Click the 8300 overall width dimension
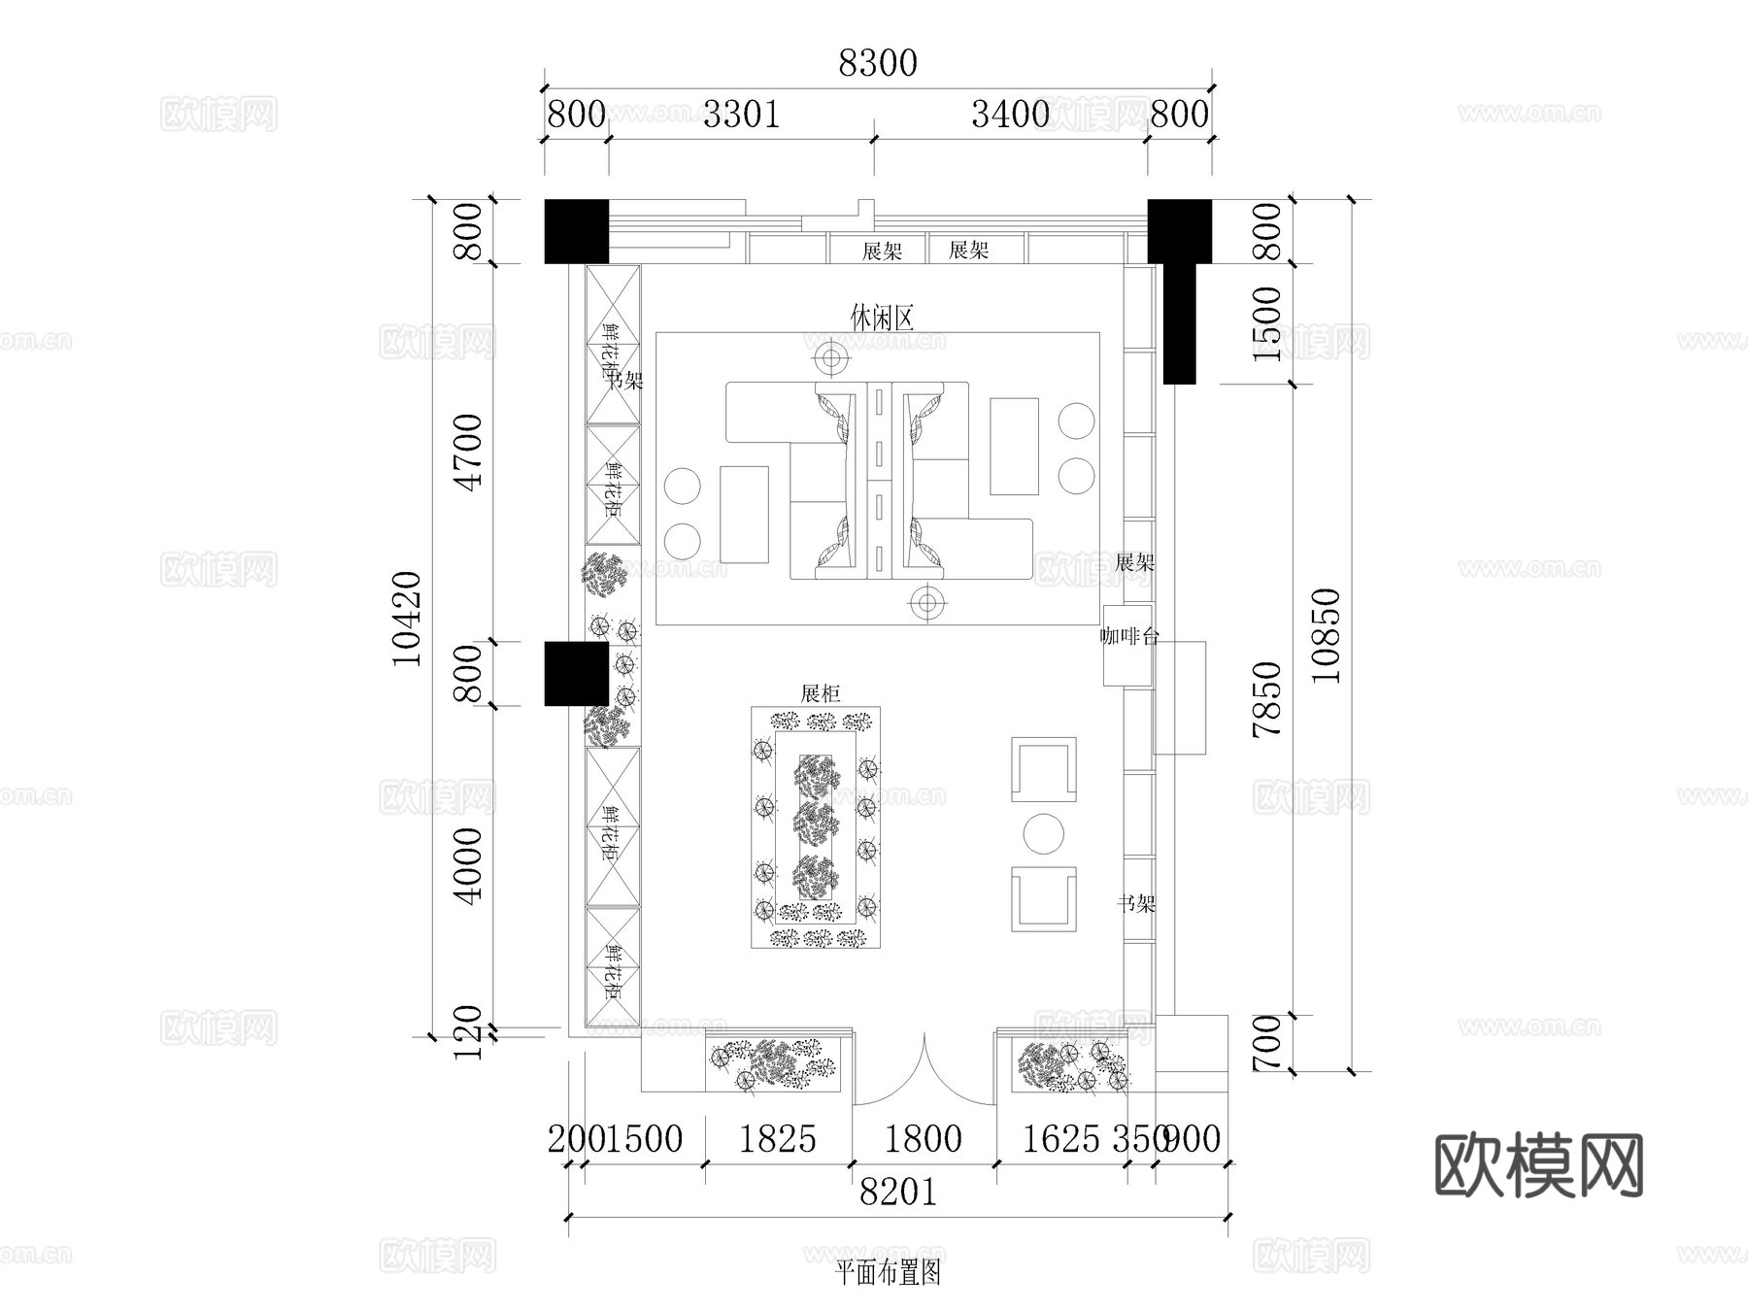click(x=877, y=63)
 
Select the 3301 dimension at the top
click(x=741, y=115)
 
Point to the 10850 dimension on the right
click(x=1327, y=635)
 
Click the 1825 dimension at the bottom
click(x=777, y=1139)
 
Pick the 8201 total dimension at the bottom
click(x=897, y=1192)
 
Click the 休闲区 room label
click(x=882, y=318)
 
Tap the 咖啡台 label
click(x=1128, y=637)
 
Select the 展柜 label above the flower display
click(x=820, y=693)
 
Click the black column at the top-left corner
click(x=576, y=231)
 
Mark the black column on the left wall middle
click(x=576, y=673)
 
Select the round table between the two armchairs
click(x=1044, y=833)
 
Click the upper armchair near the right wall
click(x=1044, y=769)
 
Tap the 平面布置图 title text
click(x=888, y=1272)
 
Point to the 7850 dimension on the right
click(x=1267, y=699)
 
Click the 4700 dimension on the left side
click(x=469, y=453)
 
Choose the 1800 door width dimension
click(x=924, y=1139)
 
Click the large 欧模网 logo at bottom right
click(x=1538, y=1165)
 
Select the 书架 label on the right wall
click(x=1135, y=904)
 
